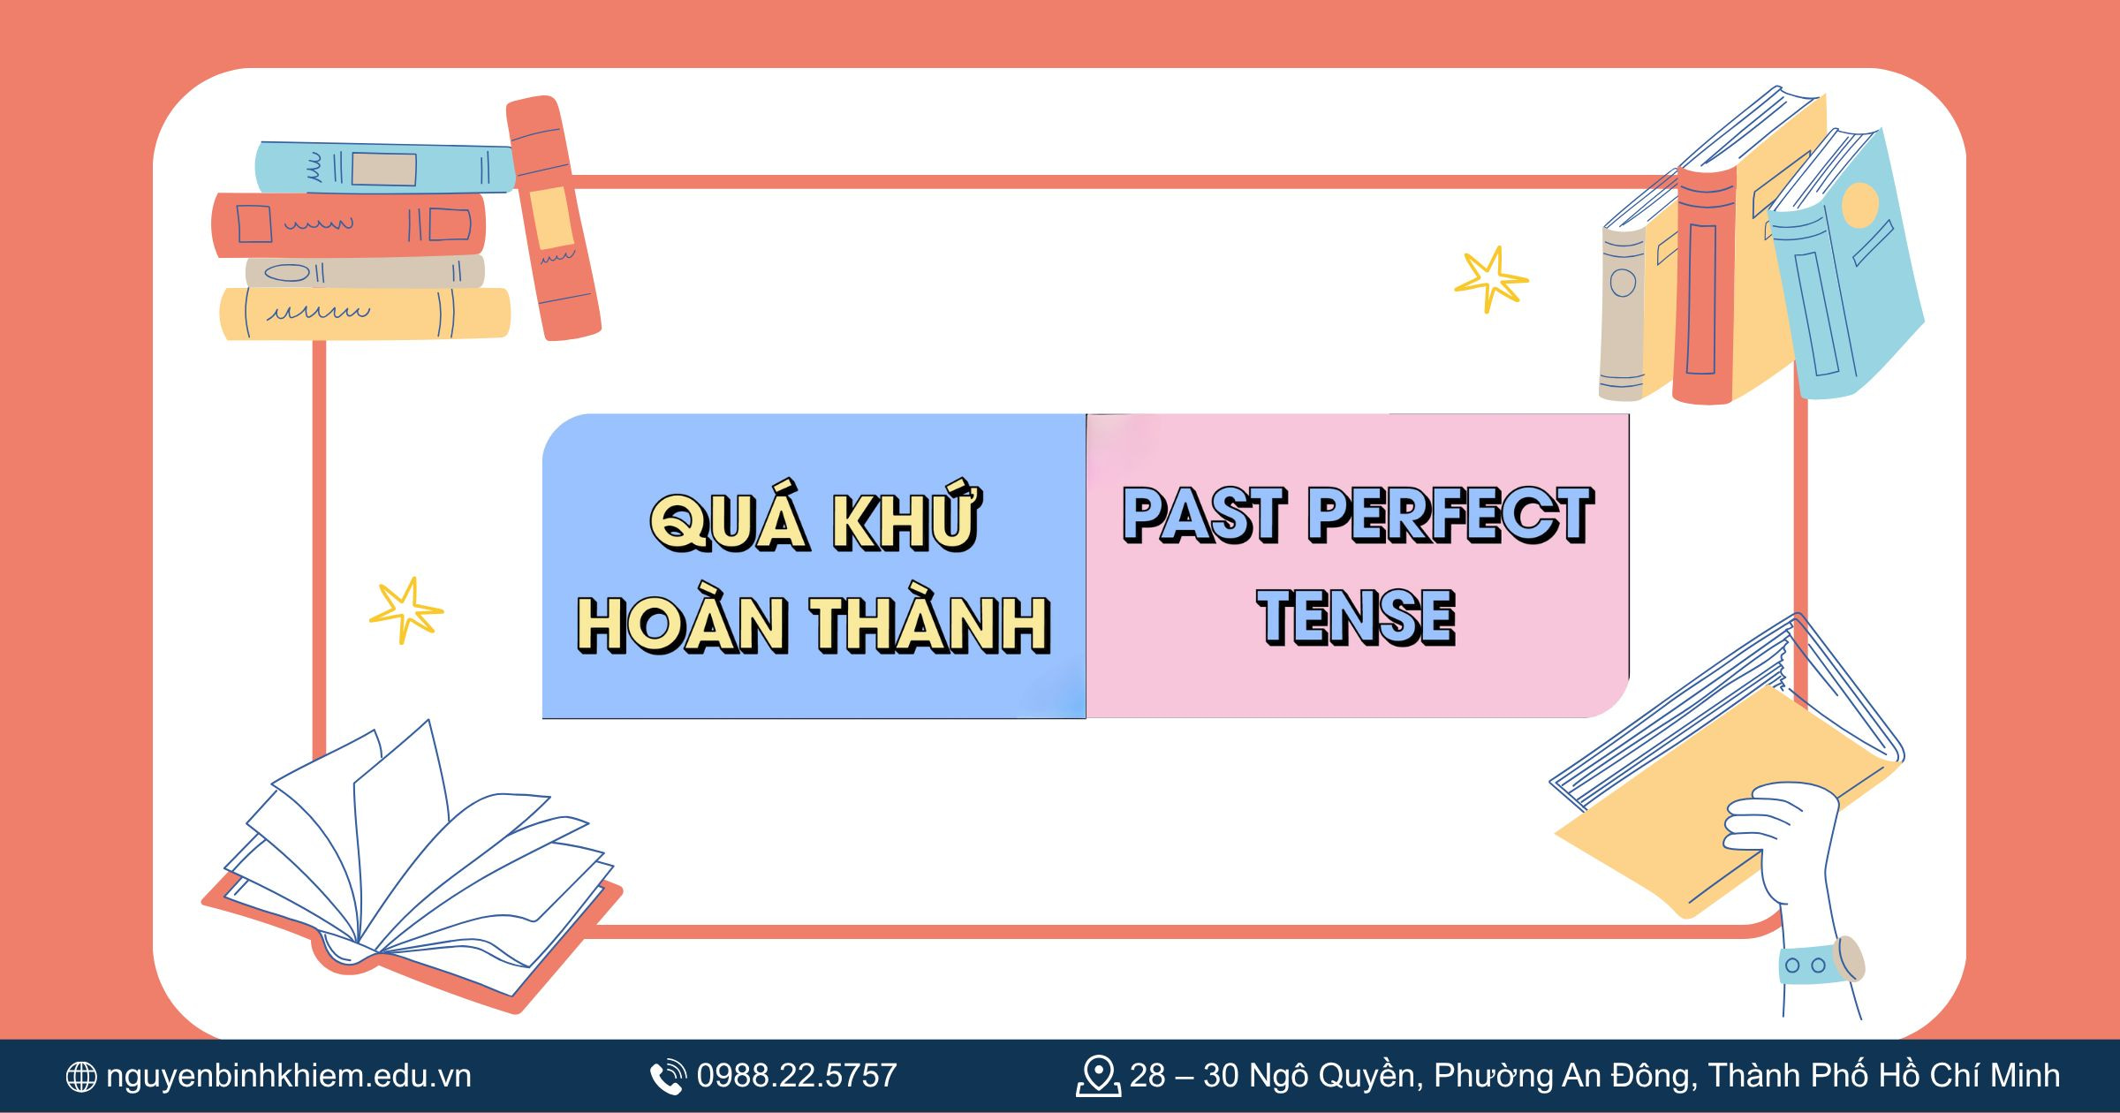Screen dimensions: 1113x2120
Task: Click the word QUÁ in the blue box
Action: [729, 521]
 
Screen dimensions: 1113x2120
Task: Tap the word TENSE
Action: [1357, 617]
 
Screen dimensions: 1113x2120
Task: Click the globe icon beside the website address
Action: [81, 1077]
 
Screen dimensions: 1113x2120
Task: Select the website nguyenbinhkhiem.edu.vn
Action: [289, 1076]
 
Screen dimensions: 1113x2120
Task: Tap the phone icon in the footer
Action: [668, 1077]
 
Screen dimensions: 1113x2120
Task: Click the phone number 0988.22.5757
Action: [797, 1076]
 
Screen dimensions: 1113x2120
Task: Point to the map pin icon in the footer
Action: [1098, 1077]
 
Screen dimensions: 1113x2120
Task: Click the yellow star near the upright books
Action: [1491, 279]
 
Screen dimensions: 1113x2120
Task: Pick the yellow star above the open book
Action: [405, 610]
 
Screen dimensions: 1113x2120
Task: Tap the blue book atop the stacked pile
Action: [384, 168]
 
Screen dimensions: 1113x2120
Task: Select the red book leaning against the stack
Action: [553, 218]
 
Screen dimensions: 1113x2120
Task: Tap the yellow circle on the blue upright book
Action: [1859, 205]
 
